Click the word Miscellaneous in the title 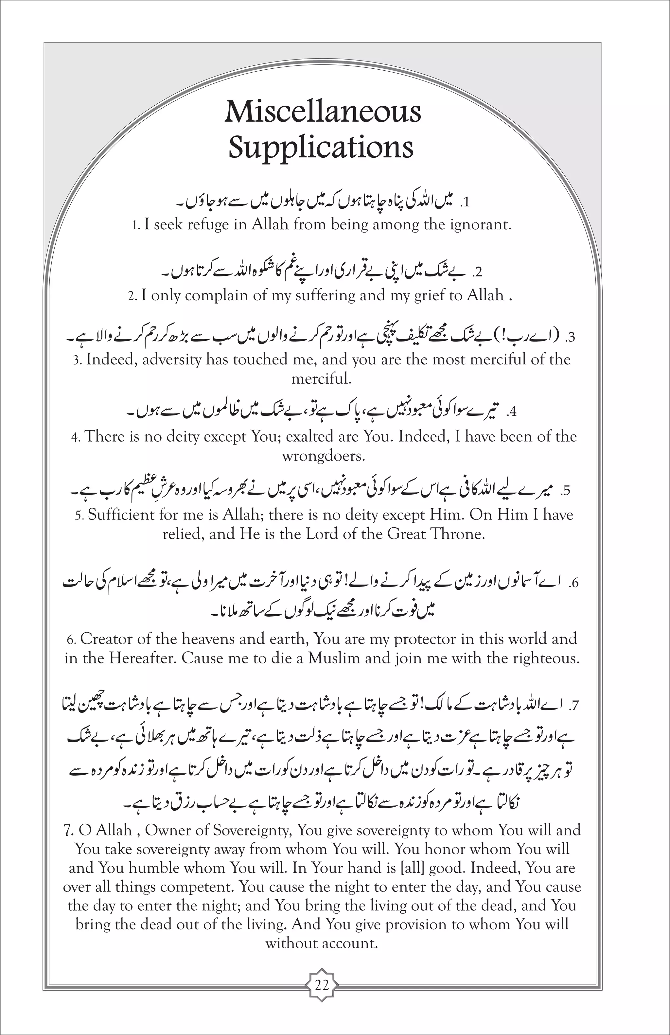click(x=323, y=112)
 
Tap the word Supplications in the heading click(x=321, y=148)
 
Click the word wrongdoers click(x=323, y=456)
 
